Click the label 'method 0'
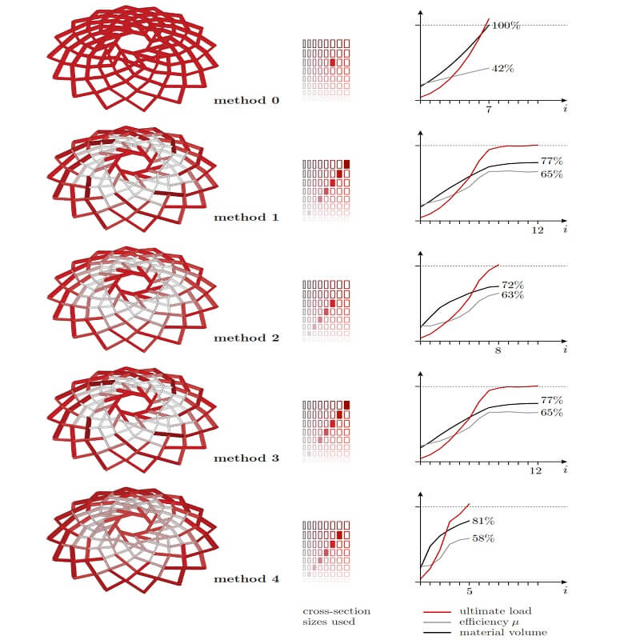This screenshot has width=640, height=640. tap(246, 101)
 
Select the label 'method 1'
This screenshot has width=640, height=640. tap(246, 217)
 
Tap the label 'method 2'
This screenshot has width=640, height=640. tap(246, 338)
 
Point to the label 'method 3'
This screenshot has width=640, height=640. tap(246, 458)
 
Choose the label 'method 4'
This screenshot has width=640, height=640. tap(246, 579)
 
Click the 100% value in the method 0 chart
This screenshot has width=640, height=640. tap(506, 26)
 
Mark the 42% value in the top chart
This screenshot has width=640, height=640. tap(502, 69)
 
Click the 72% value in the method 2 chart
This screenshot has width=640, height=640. tap(512, 285)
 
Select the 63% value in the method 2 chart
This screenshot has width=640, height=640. tap(512, 295)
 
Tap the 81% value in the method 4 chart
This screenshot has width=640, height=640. tap(483, 522)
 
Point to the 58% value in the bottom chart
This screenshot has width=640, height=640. tap(482, 538)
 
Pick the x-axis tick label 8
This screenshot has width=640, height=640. tap(497, 351)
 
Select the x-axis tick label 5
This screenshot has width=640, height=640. tap(469, 592)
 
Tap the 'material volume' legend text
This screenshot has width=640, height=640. tap(503, 633)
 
